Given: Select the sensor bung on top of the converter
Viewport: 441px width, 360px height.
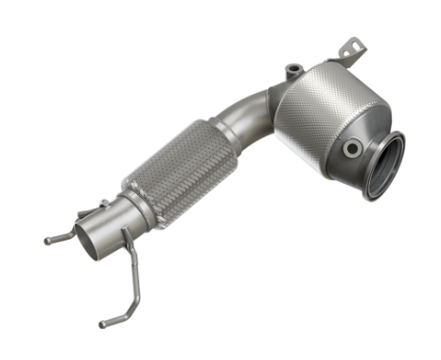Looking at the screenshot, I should [294, 69].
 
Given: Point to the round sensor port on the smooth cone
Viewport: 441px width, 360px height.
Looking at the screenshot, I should [352, 148].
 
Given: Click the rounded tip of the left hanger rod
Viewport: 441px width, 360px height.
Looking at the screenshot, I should [47, 241].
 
